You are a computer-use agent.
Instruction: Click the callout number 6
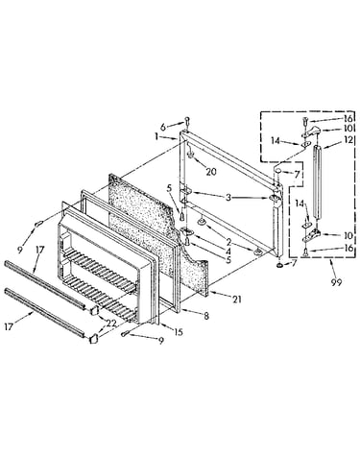pos(163,127)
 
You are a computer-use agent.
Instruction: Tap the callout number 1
pos(156,136)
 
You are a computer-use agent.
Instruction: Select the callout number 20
pos(211,172)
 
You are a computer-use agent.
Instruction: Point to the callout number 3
pos(228,198)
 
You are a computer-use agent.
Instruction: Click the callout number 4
pos(228,252)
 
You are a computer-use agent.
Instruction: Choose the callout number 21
pos(237,300)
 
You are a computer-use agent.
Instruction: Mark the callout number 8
pos(206,316)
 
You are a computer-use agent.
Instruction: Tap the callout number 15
pos(179,332)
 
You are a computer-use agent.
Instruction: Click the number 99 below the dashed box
pos(336,282)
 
